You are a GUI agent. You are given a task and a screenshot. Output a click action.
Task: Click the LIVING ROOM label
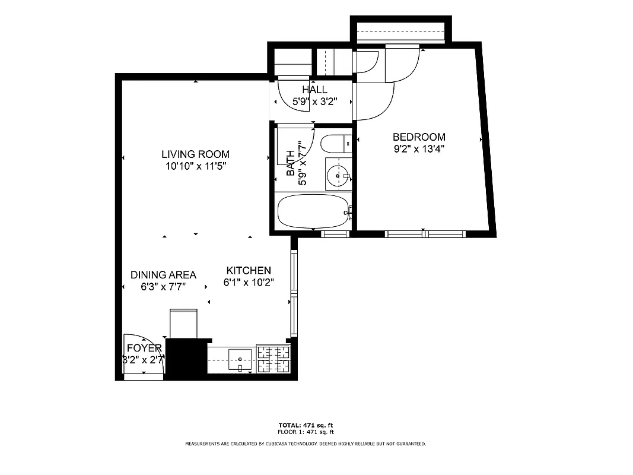click(x=195, y=154)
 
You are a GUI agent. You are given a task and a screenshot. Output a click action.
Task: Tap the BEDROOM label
click(x=419, y=137)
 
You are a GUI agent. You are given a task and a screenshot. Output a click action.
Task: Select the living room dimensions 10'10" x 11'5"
click(x=195, y=167)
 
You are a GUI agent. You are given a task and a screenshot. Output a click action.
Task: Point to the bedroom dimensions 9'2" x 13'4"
click(x=419, y=150)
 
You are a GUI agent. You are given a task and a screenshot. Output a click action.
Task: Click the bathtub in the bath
click(x=313, y=212)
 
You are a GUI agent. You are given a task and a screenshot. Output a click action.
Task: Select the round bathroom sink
click(x=338, y=176)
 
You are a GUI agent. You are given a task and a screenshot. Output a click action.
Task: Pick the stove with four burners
click(x=273, y=359)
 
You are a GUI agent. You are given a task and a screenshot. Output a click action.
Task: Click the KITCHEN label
click(x=249, y=270)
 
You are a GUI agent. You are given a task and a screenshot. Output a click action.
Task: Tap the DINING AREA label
click(x=163, y=275)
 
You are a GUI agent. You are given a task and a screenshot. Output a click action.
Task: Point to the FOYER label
click(x=144, y=348)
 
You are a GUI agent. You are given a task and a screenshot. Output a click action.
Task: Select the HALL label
click(x=314, y=90)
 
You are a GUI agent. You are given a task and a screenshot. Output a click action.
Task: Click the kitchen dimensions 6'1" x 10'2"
click(x=249, y=283)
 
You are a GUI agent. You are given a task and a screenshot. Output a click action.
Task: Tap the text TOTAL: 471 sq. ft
click(x=306, y=425)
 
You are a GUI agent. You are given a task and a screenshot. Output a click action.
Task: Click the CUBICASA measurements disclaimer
click(x=306, y=444)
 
